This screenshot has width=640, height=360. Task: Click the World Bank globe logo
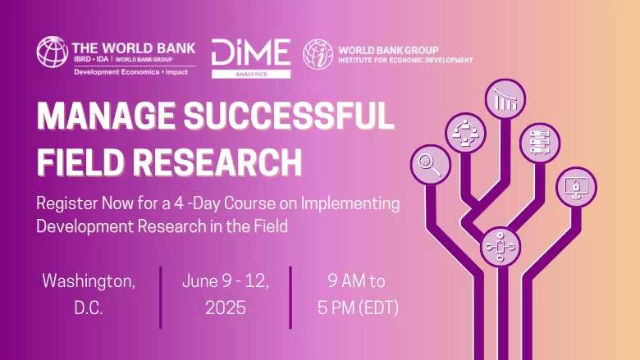pos(53,52)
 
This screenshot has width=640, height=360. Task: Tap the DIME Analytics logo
pos(251,58)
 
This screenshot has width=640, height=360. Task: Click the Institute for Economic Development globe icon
pos(318,54)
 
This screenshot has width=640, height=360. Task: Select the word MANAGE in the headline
pos(106,116)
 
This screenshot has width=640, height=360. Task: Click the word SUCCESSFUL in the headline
pos(289,116)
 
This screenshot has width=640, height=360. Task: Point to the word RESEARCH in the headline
pos(217,162)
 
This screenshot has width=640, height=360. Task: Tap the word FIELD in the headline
pos(80,162)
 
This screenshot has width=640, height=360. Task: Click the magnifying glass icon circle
pos(431,165)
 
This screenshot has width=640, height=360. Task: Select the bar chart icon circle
pos(505,99)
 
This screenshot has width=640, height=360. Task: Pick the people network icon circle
pos(465,133)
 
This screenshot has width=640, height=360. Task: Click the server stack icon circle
pos(540,144)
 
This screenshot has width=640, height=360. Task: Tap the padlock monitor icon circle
pos(576,187)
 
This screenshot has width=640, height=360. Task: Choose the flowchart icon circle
pos(501,247)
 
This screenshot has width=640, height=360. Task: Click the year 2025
pos(226,308)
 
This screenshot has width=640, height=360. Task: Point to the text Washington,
pos(89,281)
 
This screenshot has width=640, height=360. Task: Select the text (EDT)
pos(378,308)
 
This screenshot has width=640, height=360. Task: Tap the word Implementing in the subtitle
pos(350,203)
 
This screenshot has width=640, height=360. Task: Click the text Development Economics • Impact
pos(130,72)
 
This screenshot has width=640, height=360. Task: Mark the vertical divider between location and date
pos(161,297)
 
